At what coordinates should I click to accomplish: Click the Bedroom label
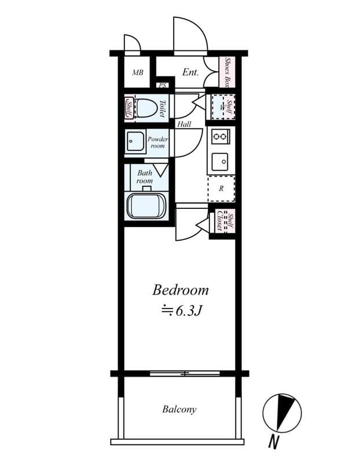pos(181,290)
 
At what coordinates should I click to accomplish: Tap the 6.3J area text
pos(181,311)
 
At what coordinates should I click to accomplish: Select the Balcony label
pos(179,409)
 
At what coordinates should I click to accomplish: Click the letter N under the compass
pos(274,442)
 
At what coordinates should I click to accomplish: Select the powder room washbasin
pos(135,141)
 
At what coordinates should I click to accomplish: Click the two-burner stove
pos(221,137)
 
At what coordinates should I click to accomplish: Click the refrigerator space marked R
pos(222,189)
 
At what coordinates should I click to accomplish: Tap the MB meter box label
pos(138,72)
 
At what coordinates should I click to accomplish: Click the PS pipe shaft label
pos(163,86)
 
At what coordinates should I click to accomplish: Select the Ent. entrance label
pos(190,72)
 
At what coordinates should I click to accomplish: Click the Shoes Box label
pos(227,72)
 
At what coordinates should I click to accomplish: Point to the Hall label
pos(184,124)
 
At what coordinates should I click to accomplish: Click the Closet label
pos(220,221)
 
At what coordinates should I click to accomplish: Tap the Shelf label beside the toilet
pos(129,108)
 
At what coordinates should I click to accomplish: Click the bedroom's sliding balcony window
pos(185,373)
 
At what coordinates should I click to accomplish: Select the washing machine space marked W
pos(222,107)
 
